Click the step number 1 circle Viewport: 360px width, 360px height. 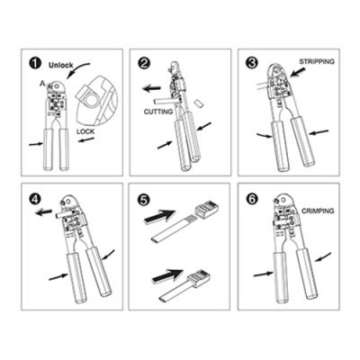click(x=35, y=64)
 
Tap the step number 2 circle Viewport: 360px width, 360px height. click(x=143, y=63)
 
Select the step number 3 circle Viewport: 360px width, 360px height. click(x=251, y=63)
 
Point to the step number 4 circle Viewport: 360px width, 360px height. click(x=35, y=199)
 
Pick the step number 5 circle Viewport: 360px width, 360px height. click(x=143, y=200)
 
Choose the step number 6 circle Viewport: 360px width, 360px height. click(x=252, y=199)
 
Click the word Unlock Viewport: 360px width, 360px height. click(x=61, y=65)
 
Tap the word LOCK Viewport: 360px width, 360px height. click(x=85, y=131)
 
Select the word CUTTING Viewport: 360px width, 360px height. click(x=158, y=112)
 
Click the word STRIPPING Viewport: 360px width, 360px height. click(x=317, y=62)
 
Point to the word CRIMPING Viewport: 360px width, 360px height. click(x=318, y=211)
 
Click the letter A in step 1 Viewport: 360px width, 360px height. click(x=42, y=85)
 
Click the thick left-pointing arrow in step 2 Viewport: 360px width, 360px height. click(x=152, y=88)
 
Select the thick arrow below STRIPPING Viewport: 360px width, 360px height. click(x=298, y=73)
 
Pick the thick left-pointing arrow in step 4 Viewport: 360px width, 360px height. click(x=43, y=212)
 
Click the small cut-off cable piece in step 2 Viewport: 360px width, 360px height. click(x=199, y=103)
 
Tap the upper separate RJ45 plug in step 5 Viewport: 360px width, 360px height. click(x=206, y=207)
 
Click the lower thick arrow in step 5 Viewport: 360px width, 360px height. click(x=168, y=276)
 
